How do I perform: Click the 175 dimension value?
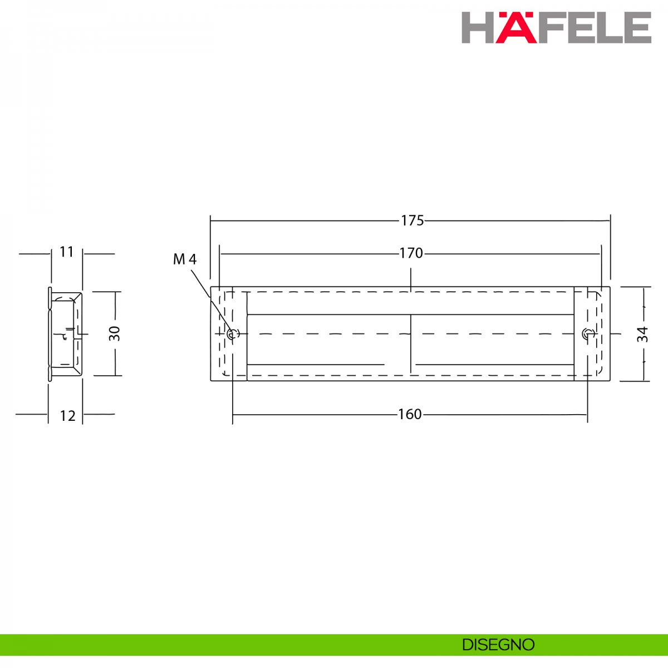pos(412,221)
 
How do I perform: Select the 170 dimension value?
pos(411,253)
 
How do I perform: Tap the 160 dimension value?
pos(410,414)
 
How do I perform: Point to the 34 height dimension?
pos(642,334)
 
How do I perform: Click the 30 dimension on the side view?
pos(115,333)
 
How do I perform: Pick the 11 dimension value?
pos(67,252)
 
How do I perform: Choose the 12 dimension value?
pos(67,416)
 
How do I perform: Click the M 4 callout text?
pos(185,259)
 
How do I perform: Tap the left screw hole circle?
pos(232,334)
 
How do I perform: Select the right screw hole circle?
pos(587,334)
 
